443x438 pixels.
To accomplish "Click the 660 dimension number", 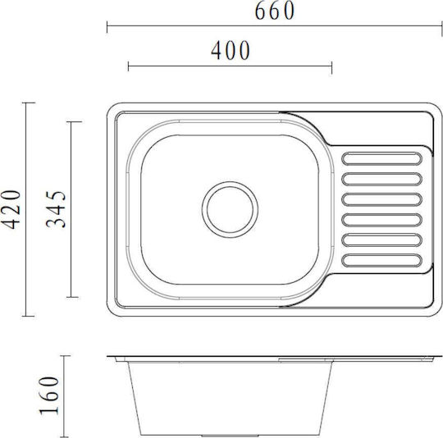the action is (275, 11).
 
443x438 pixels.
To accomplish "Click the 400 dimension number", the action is (231, 50).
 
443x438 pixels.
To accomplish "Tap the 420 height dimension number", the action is (11, 209).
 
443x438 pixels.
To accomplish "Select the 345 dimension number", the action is (56, 209).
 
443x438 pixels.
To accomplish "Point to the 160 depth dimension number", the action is (49, 395).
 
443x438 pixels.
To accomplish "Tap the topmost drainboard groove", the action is (381, 158).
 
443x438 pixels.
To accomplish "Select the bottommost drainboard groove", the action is (381, 260).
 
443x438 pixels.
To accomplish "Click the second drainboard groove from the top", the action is (381, 179).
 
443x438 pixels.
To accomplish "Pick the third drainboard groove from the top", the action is (381, 199).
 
